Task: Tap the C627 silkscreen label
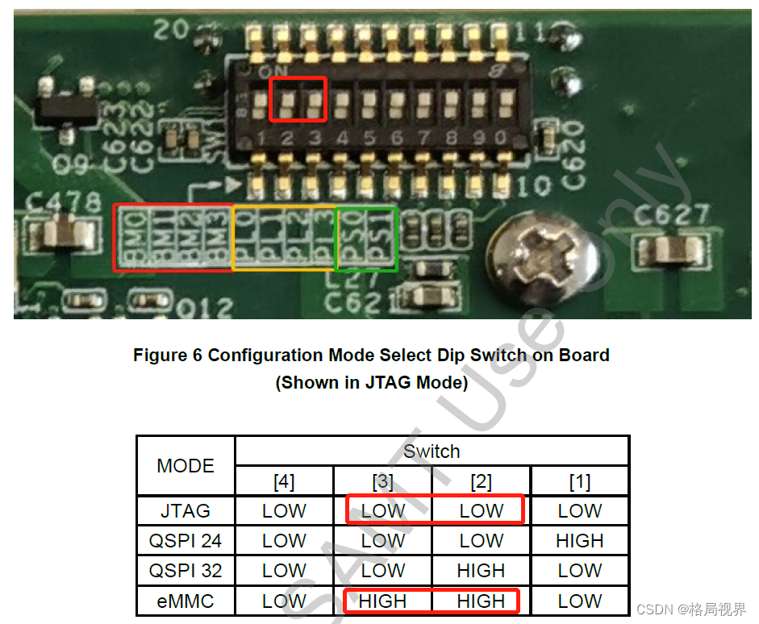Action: [x=672, y=215]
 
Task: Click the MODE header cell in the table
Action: [x=186, y=466]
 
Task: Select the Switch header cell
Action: [x=432, y=451]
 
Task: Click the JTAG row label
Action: [x=186, y=510]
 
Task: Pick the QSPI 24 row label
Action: [x=186, y=541]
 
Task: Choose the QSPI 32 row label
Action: [x=186, y=571]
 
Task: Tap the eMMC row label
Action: [x=186, y=601]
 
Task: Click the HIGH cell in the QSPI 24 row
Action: [x=579, y=541]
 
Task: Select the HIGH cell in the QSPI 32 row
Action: [x=481, y=571]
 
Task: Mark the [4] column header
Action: [x=284, y=482]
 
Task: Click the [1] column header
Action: [x=579, y=482]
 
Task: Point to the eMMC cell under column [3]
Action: [x=382, y=601]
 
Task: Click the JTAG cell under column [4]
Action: [x=284, y=510]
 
